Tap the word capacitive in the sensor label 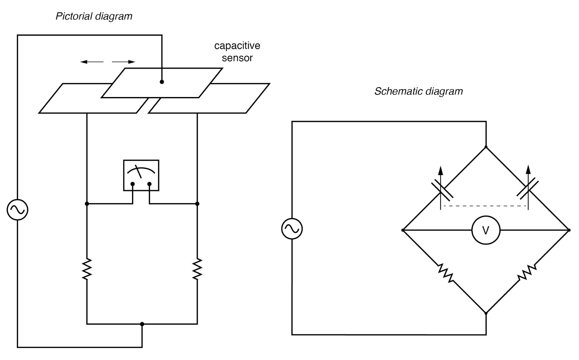[237, 46]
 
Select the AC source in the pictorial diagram [17, 210]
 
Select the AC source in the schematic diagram [292, 229]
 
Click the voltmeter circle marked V [486, 230]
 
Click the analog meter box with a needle [141, 175]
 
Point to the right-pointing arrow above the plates [124, 62]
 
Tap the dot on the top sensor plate [162, 82]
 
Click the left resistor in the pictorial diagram [87, 269]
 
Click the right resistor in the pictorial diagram [197, 269]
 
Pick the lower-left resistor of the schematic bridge [445, 273]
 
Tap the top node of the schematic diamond [486, 147]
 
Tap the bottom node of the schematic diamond [486, 313]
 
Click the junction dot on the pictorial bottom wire [142, 324]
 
